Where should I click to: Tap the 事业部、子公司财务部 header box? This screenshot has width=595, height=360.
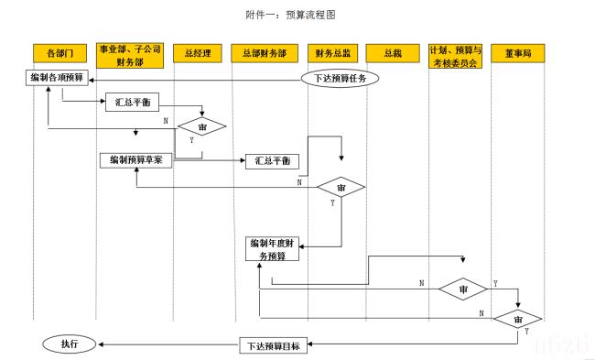tap(130, 53)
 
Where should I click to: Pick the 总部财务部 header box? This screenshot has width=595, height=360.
tap(264, 53)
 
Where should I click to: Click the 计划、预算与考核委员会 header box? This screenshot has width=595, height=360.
tap(455, 53)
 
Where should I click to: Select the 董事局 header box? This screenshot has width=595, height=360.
tap(517, 53)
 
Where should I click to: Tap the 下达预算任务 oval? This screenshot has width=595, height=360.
tap(340, 78)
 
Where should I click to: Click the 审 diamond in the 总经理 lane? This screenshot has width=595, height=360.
tap(201, 126)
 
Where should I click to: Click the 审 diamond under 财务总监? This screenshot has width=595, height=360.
tap(341, 187)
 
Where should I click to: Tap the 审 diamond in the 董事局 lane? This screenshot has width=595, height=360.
tap(518, 319)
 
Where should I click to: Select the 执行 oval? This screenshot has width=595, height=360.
tap(70, 344)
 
